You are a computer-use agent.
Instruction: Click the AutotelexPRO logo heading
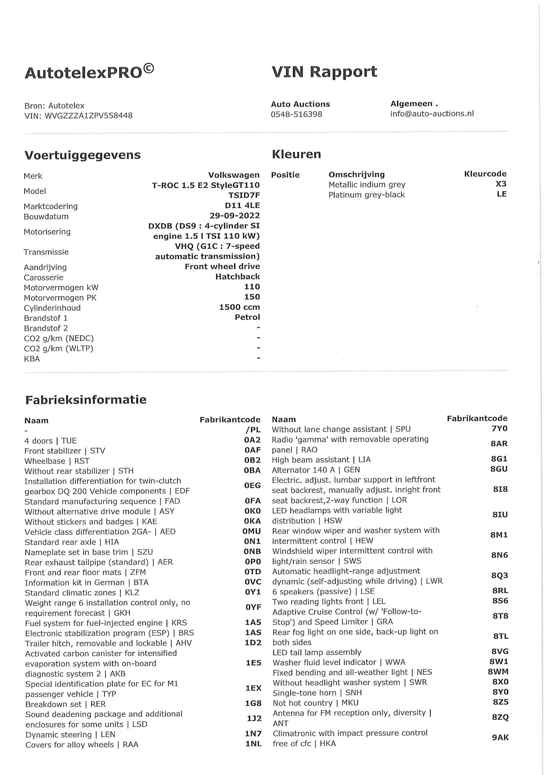[x=89, y=72]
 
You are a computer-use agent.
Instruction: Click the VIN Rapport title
[x=324, y=72]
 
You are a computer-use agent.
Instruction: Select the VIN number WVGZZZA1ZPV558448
[x=89, y=116]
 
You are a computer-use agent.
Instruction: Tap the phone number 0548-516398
[x=296, y=114]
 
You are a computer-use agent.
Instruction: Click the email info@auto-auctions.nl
[x=432, y=114]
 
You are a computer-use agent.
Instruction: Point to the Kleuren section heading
[x=296, y=154]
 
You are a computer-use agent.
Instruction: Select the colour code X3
[x=501, y=184]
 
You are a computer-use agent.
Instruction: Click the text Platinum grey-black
[x=366, y=195]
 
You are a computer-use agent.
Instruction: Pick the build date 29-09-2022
[x=235, y=216]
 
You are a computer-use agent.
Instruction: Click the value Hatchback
[x=238, y=277]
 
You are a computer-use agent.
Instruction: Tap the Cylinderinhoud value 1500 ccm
[x=239, y=307]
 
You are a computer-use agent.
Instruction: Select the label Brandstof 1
[x=46, y=318]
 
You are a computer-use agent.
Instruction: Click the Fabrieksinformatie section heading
[x=86, y=400]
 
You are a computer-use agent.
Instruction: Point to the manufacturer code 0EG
[x=252, y=485]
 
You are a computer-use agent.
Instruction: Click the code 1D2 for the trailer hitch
[x=253, y=643]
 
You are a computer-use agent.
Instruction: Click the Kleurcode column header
[x=485, y=174]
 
